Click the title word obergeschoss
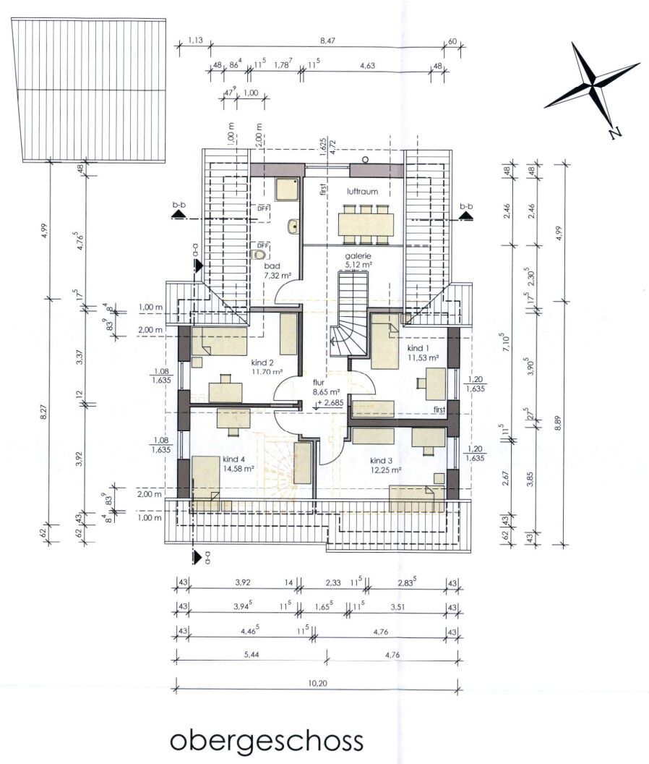coord(266,741)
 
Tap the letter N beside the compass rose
coord(616,132)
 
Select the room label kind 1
coord(418,348)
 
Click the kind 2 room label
coord(262,362)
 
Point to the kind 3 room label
coord(381,460)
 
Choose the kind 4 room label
coord(233,459)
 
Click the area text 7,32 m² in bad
coord(278,276)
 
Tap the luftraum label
coord(362,192)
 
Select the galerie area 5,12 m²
coord(358,265)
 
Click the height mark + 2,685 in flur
coord(330,403)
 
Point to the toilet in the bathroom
coord(261,254)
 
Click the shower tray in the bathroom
coord(286,190)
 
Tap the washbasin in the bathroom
coord(293,226)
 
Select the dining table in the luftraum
coord(366,224)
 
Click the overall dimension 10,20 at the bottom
coord(317,683)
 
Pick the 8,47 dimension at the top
coord(327,41)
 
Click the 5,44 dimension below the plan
coord(252,655)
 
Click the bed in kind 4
coord(205,478)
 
